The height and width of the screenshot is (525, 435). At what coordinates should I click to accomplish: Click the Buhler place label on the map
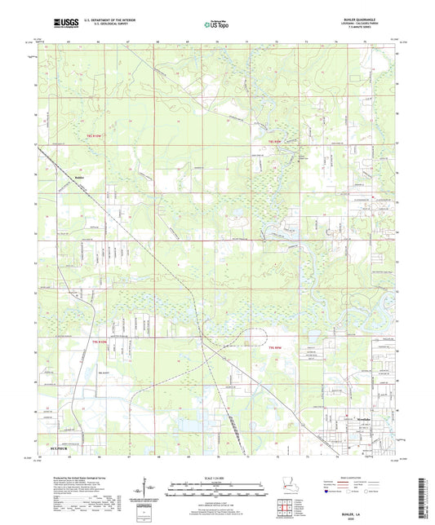(79, 175)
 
